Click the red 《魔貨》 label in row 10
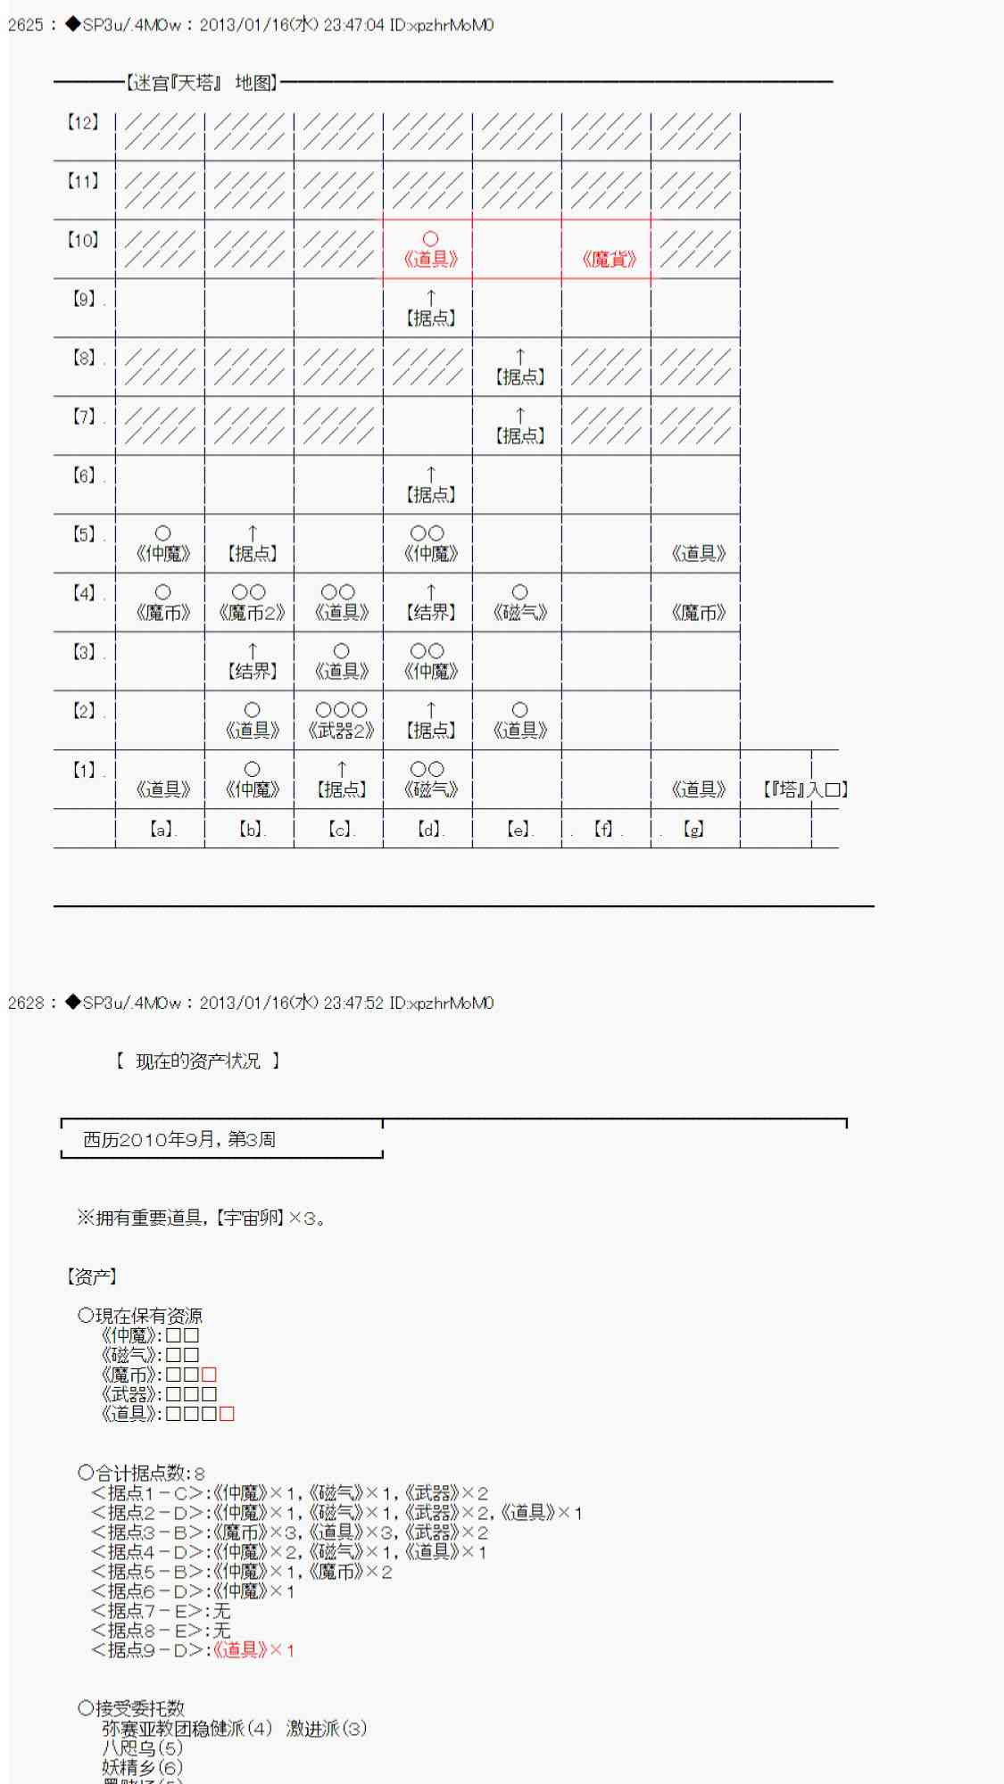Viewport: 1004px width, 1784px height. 609,260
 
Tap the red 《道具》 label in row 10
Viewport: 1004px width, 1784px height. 430,260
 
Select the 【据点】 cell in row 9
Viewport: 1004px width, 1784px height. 430,318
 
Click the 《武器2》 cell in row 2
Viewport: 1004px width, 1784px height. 341,731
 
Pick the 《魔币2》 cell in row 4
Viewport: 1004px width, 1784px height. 252,613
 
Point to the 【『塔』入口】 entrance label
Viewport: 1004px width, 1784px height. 805,789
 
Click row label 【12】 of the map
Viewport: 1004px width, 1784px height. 83,123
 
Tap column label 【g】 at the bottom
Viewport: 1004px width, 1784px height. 693,830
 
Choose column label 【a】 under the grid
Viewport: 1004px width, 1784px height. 161,830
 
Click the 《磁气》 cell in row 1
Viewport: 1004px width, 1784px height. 430,789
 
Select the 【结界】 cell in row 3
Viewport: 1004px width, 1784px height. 253,672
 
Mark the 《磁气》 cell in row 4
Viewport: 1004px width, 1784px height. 519,613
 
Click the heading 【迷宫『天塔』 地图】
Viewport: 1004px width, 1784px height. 201,83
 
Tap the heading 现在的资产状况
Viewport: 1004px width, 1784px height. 198,1061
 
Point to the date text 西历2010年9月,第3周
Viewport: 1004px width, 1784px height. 178,1139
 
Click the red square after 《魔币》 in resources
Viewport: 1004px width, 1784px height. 209,1375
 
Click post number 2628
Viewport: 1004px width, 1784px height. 26,1003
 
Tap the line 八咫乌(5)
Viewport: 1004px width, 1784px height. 143,1748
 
